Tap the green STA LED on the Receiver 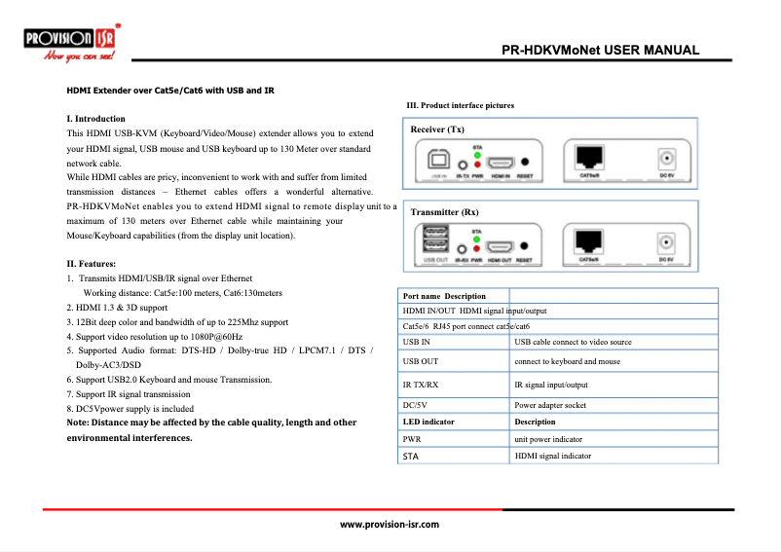coord(476,155)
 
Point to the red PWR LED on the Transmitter coord(477,248)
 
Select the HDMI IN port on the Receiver coord(501,164)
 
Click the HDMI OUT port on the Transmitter coord(501,247)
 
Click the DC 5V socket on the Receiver coord(667,159)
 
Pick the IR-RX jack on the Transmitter coord(462,249)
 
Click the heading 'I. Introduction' coord(95,119)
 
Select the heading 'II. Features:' coord(92,264)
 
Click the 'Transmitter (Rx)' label coord(444,212)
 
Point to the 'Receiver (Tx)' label coord(437,129)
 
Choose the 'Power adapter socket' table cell coord(550,404)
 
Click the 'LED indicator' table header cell coord(428,422)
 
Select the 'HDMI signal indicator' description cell coord(552,456)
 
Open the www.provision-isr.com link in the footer coord(389,524)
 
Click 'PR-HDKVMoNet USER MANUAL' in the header coord(600,51)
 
